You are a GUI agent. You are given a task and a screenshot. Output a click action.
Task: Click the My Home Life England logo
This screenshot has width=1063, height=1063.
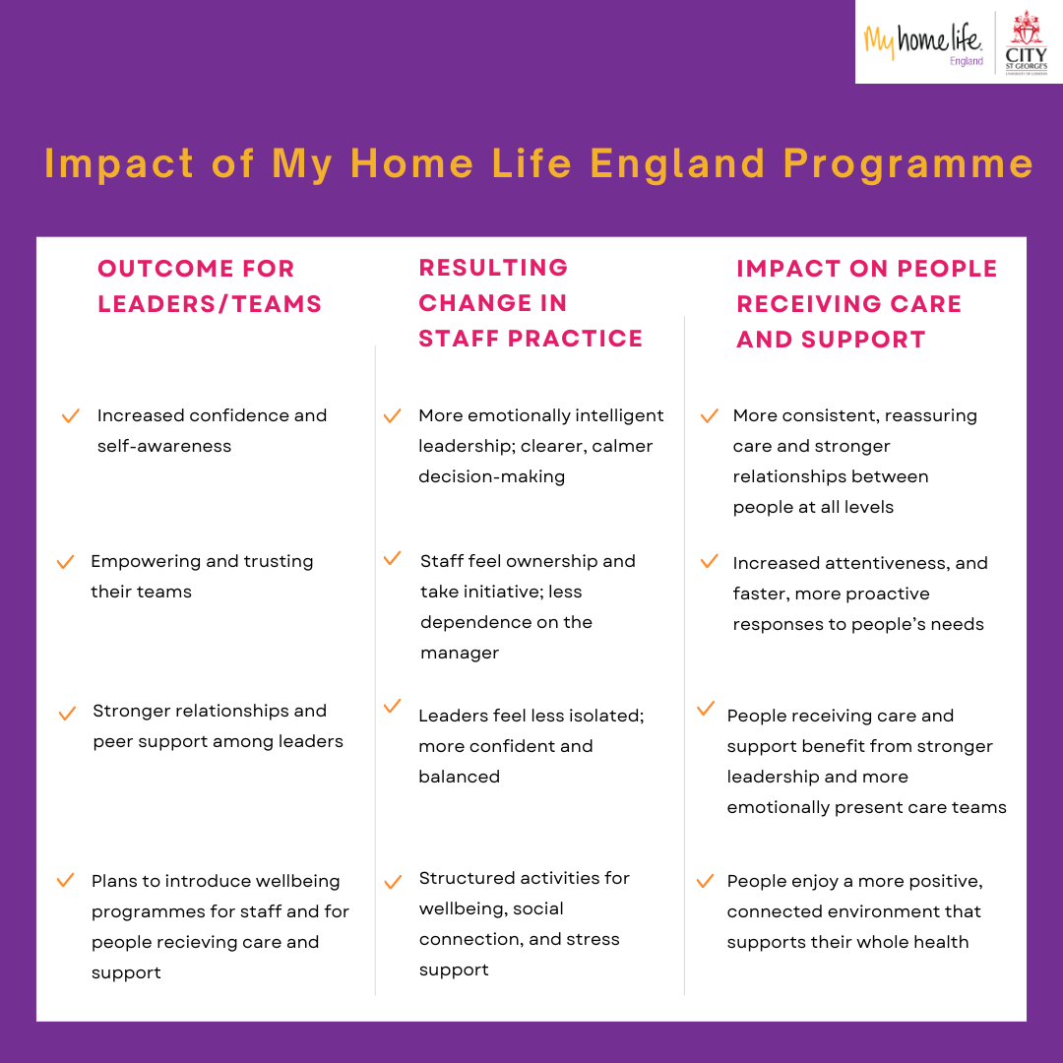pos(923,42)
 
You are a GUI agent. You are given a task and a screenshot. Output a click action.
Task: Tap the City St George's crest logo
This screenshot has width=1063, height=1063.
pos(1027,42)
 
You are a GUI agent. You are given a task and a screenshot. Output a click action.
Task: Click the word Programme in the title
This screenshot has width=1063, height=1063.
pos(907,164)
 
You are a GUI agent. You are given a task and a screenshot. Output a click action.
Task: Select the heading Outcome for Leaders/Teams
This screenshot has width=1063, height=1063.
pos(210,286)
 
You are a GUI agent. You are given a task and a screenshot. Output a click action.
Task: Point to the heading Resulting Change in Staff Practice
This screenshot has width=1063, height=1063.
pos(531,303)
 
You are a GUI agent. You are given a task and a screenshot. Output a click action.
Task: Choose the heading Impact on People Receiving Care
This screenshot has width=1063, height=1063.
pos(866,304)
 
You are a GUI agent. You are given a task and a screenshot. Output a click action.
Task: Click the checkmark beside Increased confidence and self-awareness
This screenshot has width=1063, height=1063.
pos(71,415)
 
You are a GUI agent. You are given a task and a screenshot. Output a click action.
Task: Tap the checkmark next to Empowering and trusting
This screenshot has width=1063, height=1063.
pos(66,562)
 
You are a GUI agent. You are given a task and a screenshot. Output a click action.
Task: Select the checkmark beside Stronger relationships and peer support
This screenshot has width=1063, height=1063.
pos(67,714)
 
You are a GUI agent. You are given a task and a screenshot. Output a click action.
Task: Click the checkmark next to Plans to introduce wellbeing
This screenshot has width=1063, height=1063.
pos(66,880)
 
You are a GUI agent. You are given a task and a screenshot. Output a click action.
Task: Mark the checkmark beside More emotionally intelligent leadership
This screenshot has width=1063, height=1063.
pos(393,415)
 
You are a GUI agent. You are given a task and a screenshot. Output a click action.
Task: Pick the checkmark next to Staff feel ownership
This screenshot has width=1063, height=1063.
pos(393,558)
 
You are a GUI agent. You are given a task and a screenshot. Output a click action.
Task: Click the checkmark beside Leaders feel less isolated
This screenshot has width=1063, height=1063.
pos(393,706)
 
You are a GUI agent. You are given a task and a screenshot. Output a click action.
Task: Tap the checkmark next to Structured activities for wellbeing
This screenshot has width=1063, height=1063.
pos(393,882)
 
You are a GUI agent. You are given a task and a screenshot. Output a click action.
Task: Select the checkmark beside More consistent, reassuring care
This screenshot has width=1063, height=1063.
pos(709,415)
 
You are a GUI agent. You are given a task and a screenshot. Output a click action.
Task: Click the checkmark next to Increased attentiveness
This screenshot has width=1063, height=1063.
pos(709,561)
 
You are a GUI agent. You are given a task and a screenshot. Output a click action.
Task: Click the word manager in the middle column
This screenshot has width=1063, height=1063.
pos(460,653)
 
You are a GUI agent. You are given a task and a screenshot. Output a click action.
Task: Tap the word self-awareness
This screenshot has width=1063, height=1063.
pos(164,446)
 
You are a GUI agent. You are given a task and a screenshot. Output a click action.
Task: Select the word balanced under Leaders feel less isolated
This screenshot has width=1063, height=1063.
pos(459,777)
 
